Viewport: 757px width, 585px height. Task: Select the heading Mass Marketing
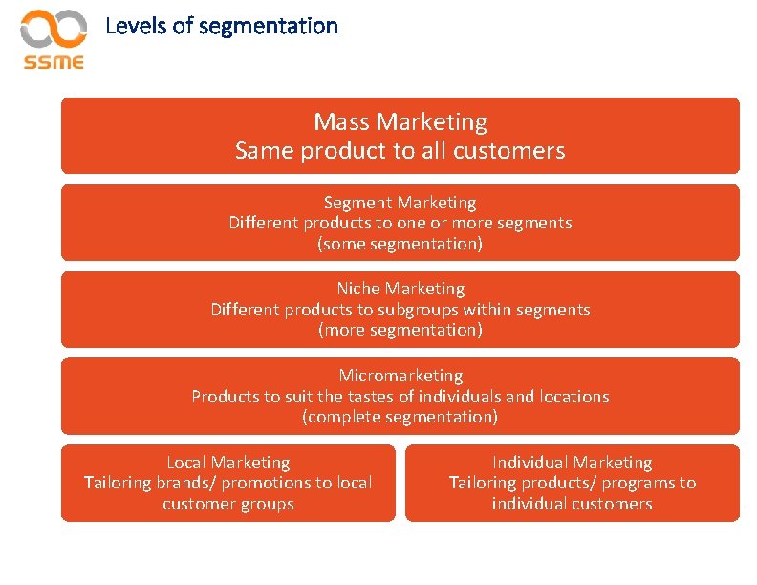click(x=400, y=122)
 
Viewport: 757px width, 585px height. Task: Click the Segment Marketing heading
click(x=400, y=203)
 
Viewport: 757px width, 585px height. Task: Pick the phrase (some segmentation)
click(x=400, y=244)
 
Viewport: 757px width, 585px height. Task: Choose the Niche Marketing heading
click(x=400, y=289)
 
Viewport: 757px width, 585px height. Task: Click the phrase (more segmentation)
click(x=400, y=330)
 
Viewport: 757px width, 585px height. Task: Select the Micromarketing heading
click(x=400, y=376)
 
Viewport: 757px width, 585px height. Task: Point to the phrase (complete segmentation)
click(x=400, y=417)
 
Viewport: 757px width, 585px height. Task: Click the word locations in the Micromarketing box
click(x=573, y=396)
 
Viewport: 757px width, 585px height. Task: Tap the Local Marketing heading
click(x=228, y=463)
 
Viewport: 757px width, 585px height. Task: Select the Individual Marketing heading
click(x=572, y=463)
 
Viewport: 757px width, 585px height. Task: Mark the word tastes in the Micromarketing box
click(x=343, y=396)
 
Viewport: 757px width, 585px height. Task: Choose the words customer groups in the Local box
click(x=228, y=504)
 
